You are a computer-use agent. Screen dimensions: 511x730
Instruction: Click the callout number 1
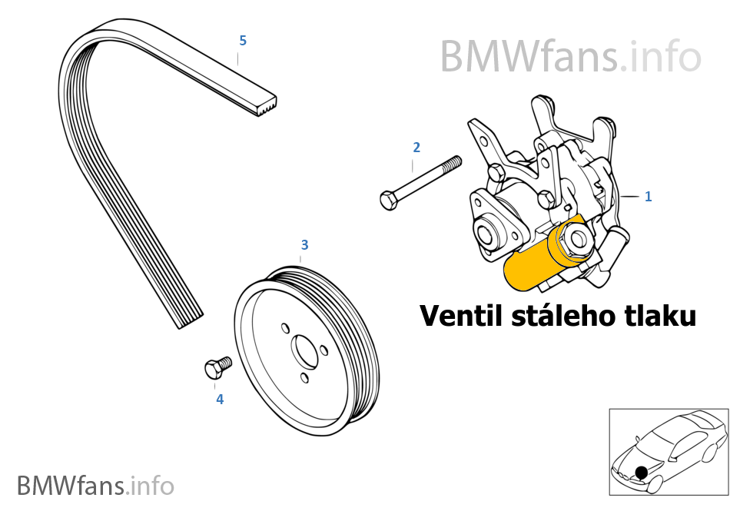coord(648,197)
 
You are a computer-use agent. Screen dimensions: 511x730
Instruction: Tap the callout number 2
coord(416,147)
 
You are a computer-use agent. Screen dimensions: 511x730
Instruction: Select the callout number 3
coord(304,245)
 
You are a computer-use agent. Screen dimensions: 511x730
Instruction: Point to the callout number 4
coord(220,400)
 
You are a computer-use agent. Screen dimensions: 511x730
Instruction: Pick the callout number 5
coord(243,39)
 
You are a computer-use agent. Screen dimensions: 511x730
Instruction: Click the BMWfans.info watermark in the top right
coord(570,55)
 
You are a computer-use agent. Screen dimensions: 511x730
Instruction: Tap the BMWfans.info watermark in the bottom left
coord(95,486)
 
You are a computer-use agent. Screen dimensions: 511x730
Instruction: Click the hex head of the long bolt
coord(389,201)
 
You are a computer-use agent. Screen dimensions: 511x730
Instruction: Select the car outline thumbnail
coord(667,452)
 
